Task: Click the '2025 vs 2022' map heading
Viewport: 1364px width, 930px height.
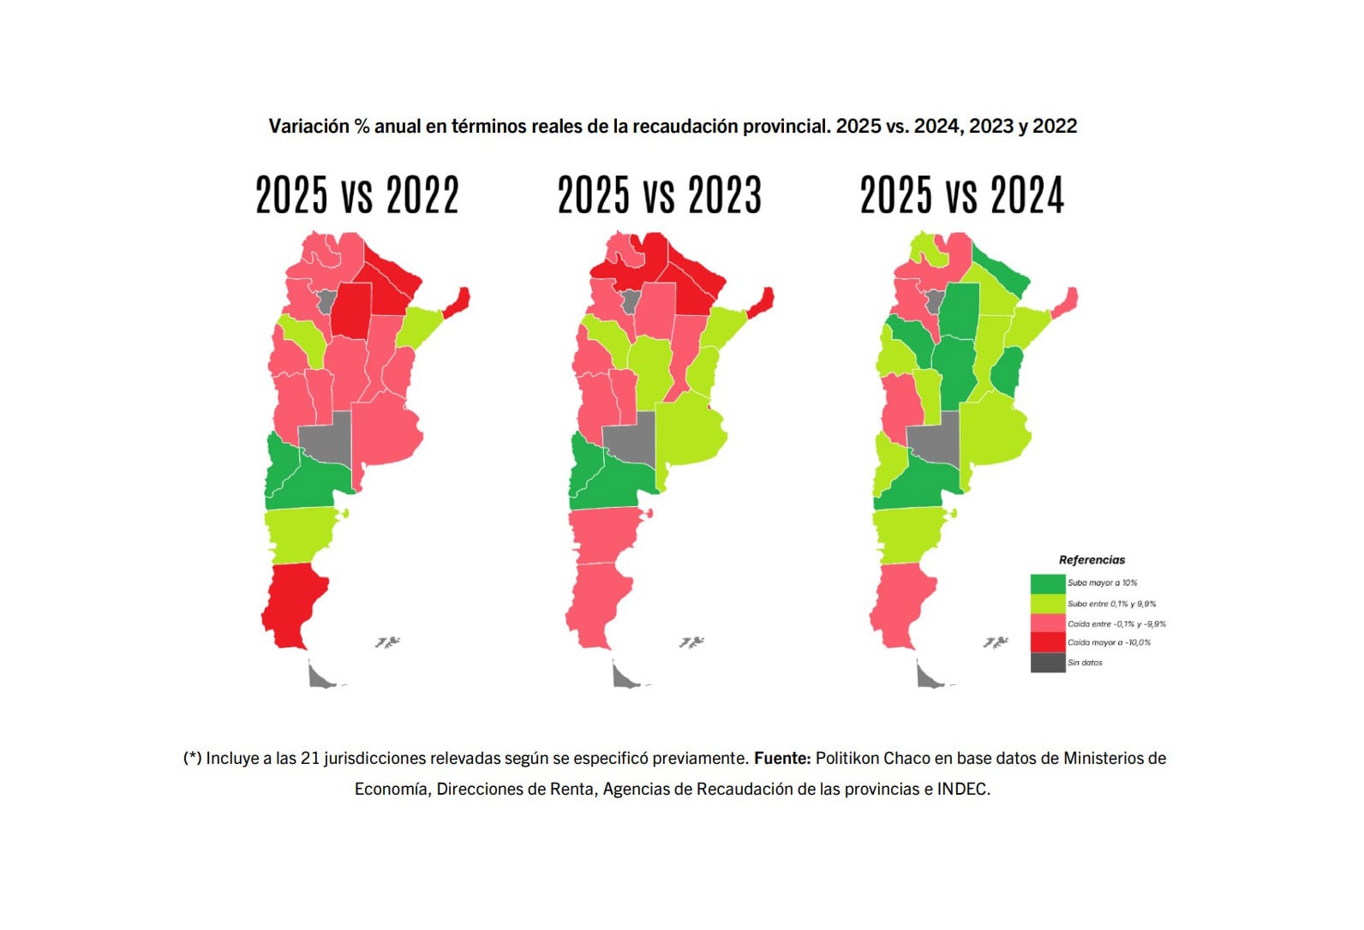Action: click(x=357, y=195)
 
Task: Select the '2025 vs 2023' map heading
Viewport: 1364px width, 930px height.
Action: click(x=659, y=195)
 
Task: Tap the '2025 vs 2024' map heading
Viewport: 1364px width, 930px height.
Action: click(x=961, y=195)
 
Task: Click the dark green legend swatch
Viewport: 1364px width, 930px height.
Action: click(x=1047, y=583)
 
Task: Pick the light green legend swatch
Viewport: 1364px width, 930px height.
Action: click(x=1047, y=604)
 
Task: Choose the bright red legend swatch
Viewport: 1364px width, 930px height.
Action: click(x=1047, y=642)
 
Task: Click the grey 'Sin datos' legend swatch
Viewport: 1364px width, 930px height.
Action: click(x=1047, y=663)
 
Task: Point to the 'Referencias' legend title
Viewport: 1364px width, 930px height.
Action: click(x=1092, y=560)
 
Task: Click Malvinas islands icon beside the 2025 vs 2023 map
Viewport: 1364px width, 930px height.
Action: click(x=691, y=642)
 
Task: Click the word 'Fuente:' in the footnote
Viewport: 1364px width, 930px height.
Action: click(x=781, y=759)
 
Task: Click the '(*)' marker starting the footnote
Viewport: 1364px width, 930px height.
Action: click(x=192, y=759)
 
